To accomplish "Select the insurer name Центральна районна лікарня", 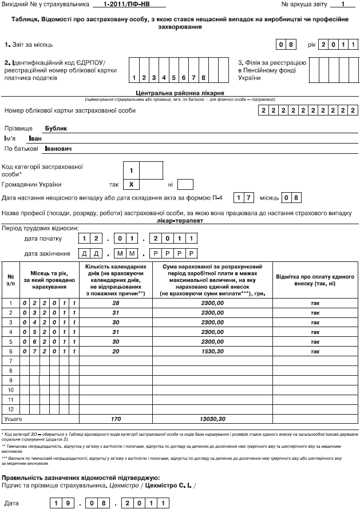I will tap(180, 92).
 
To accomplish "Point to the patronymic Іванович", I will tap(62, 149).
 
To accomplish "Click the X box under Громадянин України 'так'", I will tap(132, 185).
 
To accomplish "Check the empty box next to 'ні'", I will tap(185, 185).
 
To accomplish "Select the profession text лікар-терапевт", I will tap(179, 219).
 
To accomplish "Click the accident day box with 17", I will tap(244, 198).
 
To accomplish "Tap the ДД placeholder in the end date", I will tap(92, 253).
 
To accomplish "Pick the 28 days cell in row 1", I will tap(116, 303).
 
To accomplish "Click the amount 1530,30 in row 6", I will tap(211, 350).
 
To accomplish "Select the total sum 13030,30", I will tap(211, 419).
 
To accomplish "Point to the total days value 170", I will tap(116, 419).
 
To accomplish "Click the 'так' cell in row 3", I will tap(314, 322).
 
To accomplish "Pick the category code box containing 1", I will tap(132, 170).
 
